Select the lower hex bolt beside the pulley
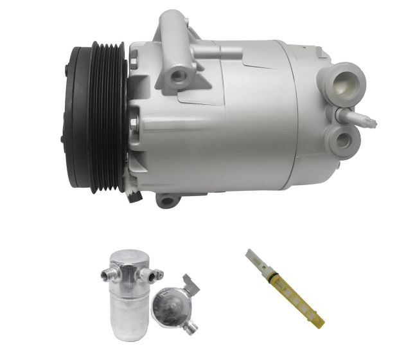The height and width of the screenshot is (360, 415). click(133, 122)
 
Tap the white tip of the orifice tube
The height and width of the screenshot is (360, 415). click(251, 256)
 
